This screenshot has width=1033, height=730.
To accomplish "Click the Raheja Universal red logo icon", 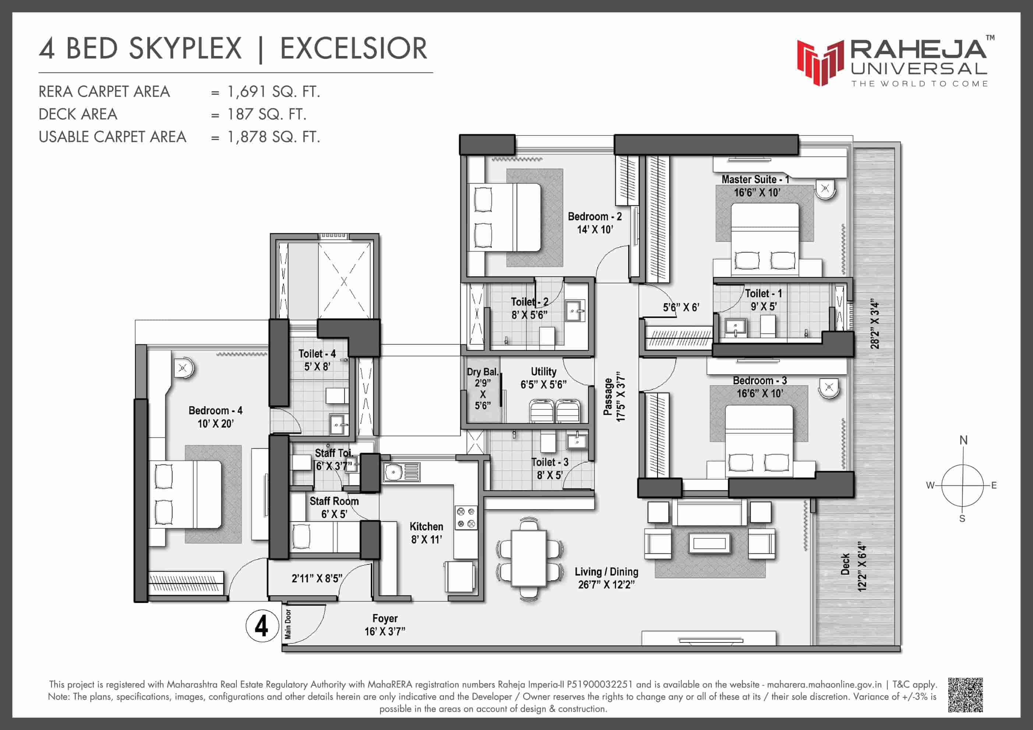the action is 821,63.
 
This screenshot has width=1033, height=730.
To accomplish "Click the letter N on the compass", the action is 963,440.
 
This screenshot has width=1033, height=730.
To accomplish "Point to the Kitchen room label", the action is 426,527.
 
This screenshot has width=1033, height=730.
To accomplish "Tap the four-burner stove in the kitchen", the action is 466,517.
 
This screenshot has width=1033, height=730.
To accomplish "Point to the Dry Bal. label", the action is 482,372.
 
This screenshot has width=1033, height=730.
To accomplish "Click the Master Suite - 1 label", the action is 755,180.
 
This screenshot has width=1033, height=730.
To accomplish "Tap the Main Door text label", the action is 288,625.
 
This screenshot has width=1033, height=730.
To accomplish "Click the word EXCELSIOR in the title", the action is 354,49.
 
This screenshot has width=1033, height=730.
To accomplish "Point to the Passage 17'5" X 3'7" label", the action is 614,396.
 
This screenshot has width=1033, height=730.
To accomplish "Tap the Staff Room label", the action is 334,501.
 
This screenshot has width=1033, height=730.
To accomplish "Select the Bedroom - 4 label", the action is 215,411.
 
